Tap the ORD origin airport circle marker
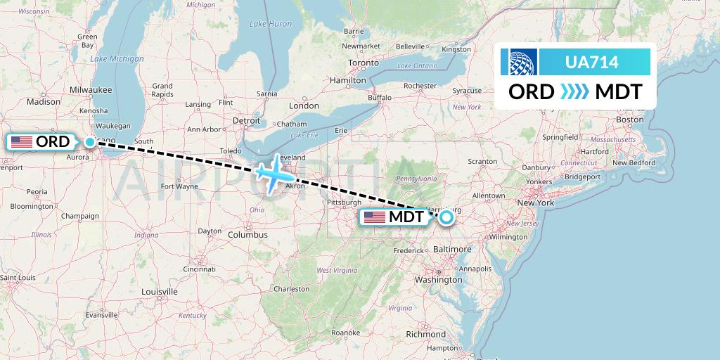click(x=90, y=142)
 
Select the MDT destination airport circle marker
click(x=446, y=217)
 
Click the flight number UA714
click(x=591, y=63)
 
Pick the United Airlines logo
click(x=519, y=62)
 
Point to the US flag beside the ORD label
click(x=22, y=142)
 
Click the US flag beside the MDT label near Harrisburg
click(x=374, y=217)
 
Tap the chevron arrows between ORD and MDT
click(x=574, y=92)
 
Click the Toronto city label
click(x=364, y=63)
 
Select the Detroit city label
click(x=246, y=120)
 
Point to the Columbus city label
click(x=247, y=234)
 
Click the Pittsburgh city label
click(x=343, y=203)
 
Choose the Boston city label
click(x=629, y=120)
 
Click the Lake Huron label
click(x=270, y=24)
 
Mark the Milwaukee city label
click(x=91, y=90)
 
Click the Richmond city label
click(x=425, y=334)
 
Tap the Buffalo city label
click(x=380, y=97)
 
